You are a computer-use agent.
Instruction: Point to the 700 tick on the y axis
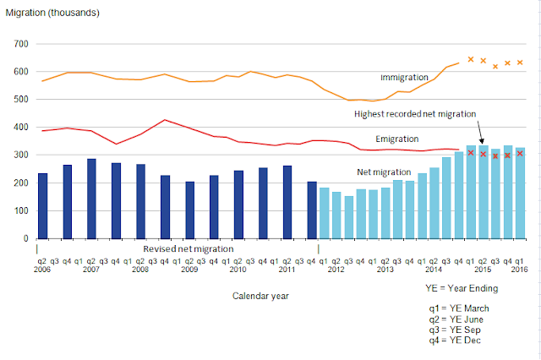point(21,44)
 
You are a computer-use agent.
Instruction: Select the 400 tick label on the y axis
point(21,128)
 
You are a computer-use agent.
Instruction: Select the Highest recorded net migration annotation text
point(415,113)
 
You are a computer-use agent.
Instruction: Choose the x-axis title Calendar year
point(261,296)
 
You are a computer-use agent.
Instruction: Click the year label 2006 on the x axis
point(42,270)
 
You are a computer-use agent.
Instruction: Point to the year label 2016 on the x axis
point(520,270)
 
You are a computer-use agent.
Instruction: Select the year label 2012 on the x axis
point(336,270)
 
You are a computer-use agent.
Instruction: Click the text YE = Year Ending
point(462,289)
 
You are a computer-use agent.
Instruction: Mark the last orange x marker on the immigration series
point(520,63)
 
